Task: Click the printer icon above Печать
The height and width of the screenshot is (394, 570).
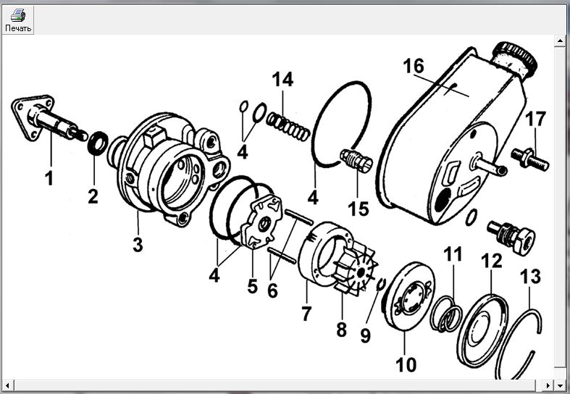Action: click(x=18, y=15)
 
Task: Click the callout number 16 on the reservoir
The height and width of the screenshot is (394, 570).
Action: click(x=414, y=66)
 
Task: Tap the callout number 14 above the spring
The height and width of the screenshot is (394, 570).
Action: click(x=282, y=79)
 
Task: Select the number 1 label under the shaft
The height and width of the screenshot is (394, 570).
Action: click(x=49, y=177)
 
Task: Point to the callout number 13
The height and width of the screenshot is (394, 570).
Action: click(x=530, y=277)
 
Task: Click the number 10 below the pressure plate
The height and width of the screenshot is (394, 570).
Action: click(x=406, y=364)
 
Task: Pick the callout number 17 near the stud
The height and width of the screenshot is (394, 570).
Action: click(x=535, y=119)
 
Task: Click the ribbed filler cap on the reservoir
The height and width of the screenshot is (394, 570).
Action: click(x=514, y=58)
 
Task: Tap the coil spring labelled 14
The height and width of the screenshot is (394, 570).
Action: click(x=288, y=126)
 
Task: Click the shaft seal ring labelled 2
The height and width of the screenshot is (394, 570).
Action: click(x=98, y=143)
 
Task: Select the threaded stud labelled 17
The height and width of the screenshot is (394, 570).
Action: click(x=530, y=159)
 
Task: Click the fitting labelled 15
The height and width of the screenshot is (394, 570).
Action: click(x=356, y=160)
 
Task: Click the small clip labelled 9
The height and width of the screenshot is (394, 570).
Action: click(x=381, y=284)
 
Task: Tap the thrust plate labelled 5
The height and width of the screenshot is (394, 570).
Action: click(x=262, y=222)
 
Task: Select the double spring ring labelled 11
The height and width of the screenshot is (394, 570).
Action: click(x=446, y=314)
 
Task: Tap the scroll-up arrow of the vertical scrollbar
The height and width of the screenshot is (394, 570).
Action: click(x=560, y=41)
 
